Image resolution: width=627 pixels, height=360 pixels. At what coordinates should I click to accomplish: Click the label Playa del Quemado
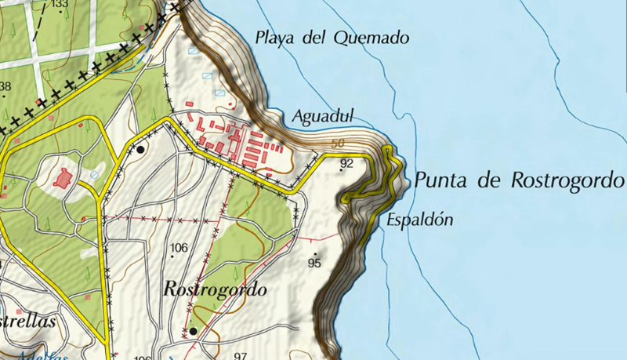(333, 37)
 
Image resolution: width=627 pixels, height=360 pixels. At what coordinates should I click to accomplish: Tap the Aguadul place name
(324, 117)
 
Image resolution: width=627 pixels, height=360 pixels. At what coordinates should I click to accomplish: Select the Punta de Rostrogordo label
(519, 180)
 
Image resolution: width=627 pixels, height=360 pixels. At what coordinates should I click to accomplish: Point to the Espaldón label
(420, 220)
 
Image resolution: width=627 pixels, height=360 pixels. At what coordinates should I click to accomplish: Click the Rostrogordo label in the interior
(215, 289)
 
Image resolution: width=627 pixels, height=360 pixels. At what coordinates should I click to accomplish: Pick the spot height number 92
(347, 163)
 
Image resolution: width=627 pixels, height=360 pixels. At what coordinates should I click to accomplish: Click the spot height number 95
(315, 264)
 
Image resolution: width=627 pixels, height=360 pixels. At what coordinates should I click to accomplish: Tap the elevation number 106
(179, 248)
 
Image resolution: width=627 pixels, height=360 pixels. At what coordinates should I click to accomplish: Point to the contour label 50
(338, 144)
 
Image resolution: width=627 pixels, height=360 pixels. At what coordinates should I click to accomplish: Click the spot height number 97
(241, 356)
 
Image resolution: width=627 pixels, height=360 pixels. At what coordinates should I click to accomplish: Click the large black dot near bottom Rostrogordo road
(193, 331)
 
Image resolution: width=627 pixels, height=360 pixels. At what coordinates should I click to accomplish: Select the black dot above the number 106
(173, 256)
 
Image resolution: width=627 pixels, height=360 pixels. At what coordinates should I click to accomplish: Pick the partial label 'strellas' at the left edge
(28, 322)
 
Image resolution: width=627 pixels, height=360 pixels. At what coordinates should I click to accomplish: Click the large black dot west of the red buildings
(140, 148)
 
